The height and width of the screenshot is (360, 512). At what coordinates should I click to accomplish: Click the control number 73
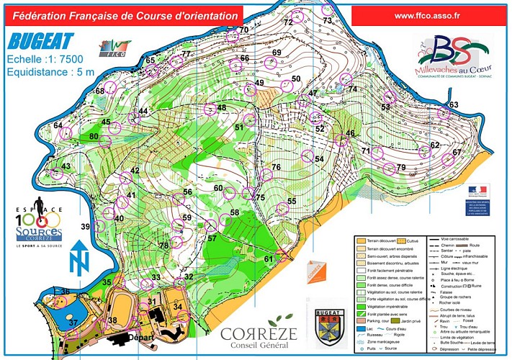point(328,22)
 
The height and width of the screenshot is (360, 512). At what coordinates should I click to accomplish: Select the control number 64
point(58,125)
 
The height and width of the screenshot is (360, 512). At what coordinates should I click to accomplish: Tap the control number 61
point(268,258)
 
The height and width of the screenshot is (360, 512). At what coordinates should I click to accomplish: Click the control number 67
point(456,152)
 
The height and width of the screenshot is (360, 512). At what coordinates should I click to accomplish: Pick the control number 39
point(85,227)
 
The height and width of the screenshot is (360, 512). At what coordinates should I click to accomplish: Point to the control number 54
point(318,159)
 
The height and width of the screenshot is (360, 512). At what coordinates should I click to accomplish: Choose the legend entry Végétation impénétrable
point(389,306)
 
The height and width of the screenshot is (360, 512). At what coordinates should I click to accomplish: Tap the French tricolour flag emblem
point(477,191)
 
